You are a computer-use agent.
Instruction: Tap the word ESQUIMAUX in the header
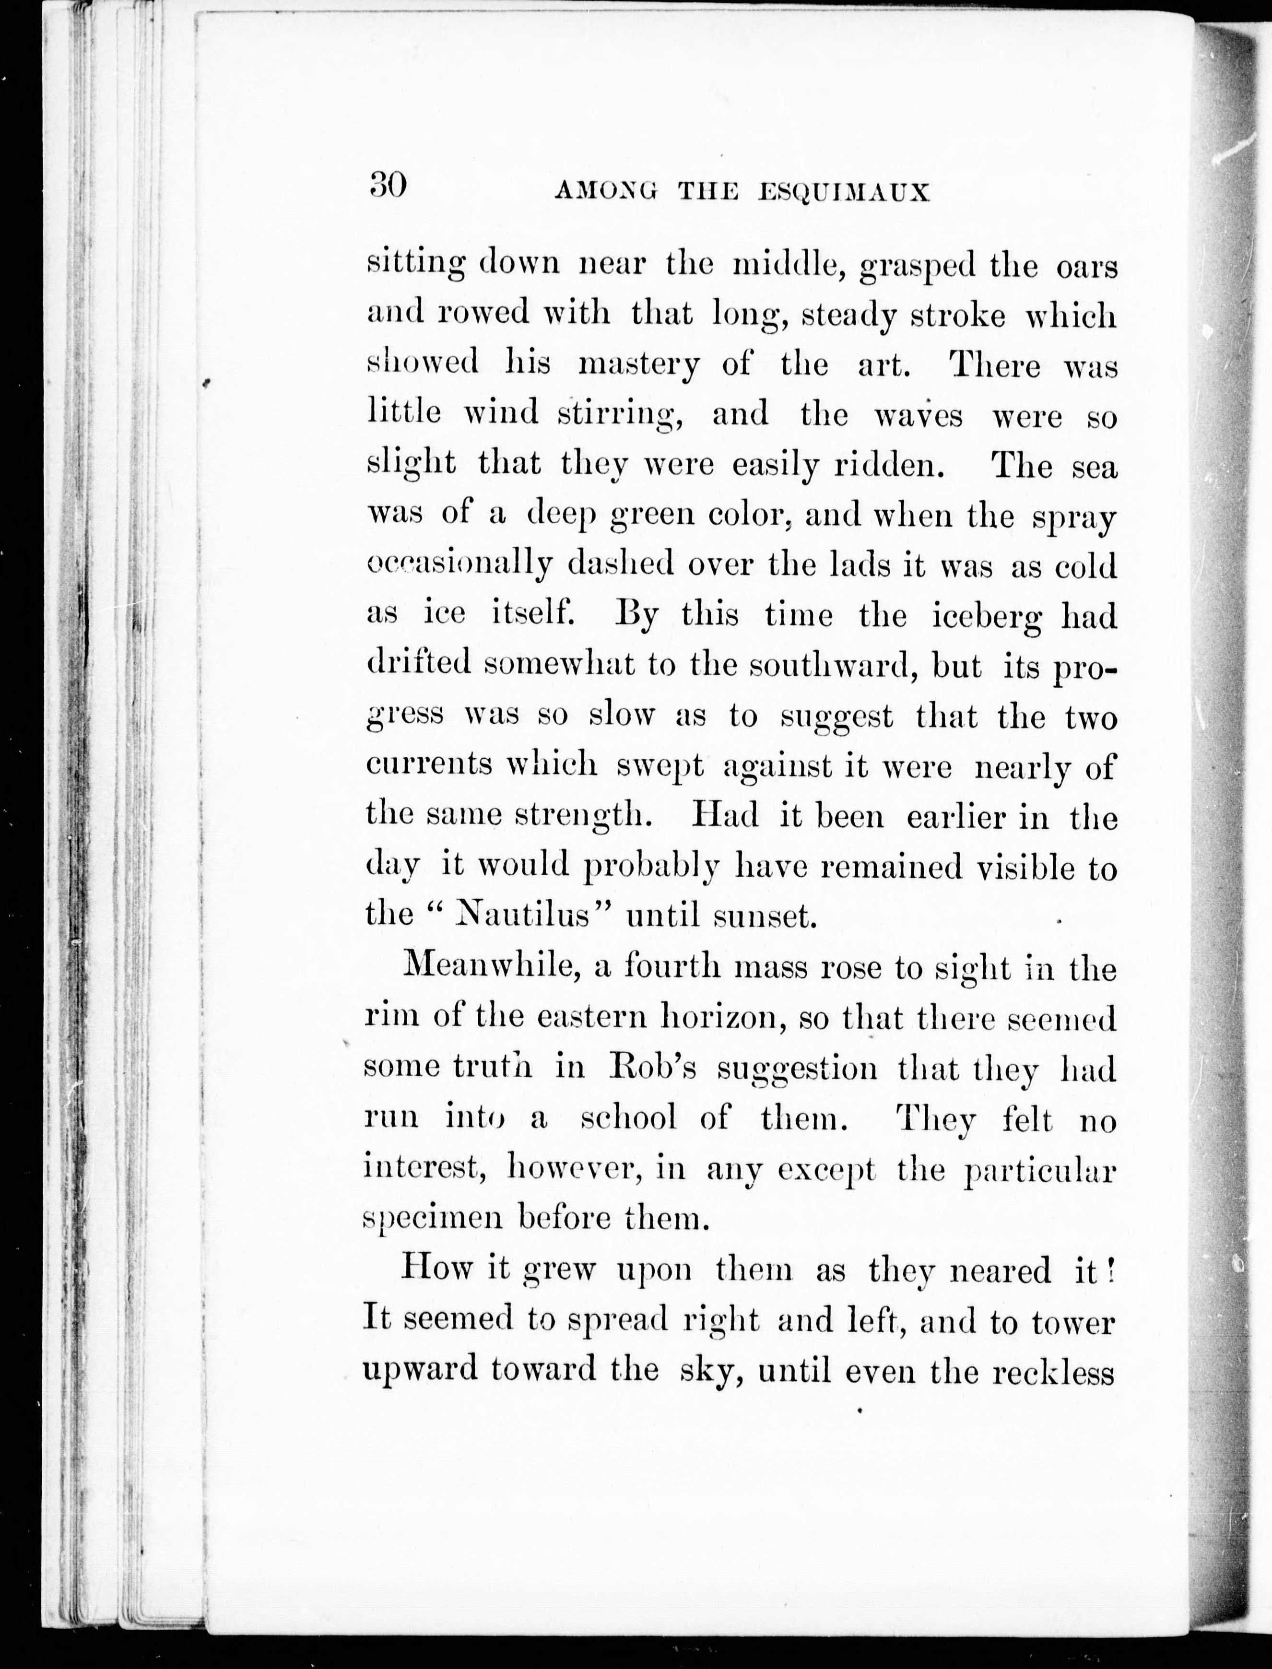click(844, 193)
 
